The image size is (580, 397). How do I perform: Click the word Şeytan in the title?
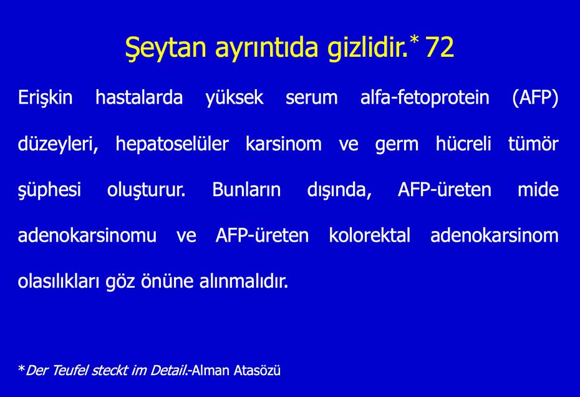(x=165, y=48)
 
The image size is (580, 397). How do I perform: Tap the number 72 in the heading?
(x=440, y=47)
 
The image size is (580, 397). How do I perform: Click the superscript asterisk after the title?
(x=414, y=39)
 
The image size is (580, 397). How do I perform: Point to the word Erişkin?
(x=45, y=98)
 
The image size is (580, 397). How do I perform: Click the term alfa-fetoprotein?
(x=425, y=97)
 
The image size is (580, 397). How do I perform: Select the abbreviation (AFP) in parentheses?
(x=535, y=98)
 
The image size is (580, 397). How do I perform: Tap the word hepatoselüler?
(x=172, y=144)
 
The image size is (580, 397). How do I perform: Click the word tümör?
(x=533, y=144)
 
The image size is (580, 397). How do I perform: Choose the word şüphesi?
(x=49, y=190)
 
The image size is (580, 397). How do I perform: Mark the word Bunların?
(x=246, y=189)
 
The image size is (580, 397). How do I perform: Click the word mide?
(x=538, y=189)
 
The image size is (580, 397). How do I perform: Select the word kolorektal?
(x=370, y=235)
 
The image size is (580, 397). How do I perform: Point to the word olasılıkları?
(x=59, y=281)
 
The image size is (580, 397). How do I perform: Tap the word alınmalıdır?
(x=244, y=281)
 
